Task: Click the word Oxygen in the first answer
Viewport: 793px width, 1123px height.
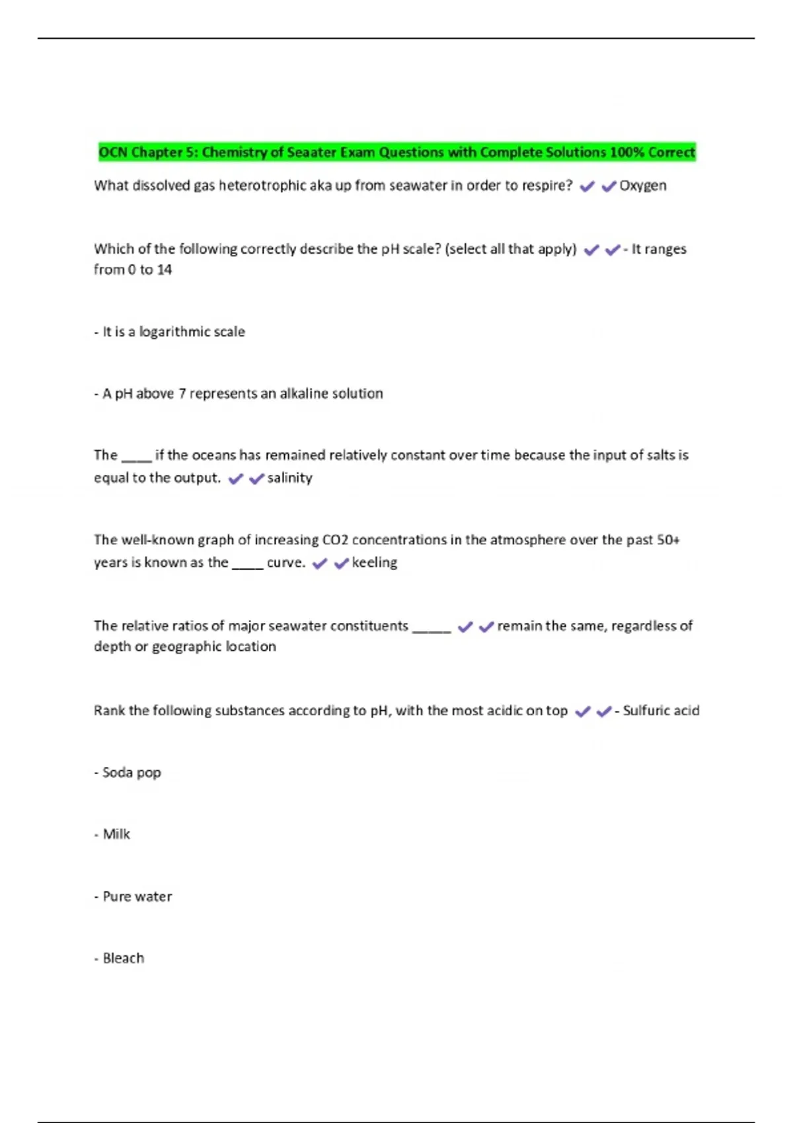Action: [x=642, y=186]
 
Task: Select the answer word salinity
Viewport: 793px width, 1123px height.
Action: [x=289, y=478]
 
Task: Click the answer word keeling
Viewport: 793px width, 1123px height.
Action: [x=374, y=562]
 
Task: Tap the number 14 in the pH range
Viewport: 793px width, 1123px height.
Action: [x=164, y=270]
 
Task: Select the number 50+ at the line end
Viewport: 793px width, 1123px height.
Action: [x=668, y=540]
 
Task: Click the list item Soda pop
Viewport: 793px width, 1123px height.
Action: [x=132, y=772]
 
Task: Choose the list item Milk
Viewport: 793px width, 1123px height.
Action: [x=116, y=834]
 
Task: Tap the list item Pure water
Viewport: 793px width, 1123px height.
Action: [x=137, y=896]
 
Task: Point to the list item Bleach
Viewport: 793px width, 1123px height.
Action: [x=123, y=958]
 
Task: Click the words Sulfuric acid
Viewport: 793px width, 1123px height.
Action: [x=661, y=711]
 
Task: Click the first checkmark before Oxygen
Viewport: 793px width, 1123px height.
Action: [x=587, y=187]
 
